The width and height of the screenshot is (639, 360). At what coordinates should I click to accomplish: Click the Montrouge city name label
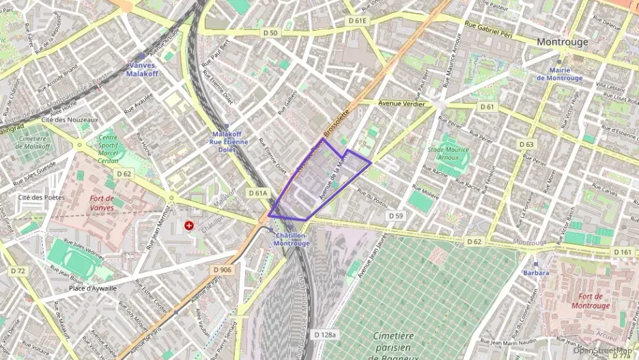(x=562, y=42)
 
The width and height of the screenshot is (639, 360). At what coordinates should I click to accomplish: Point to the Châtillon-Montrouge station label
(x=292, y=239)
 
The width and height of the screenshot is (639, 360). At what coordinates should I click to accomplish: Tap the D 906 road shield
(x=223, y=271)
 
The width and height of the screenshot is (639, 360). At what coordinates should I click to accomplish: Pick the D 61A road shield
(x=257, y=193)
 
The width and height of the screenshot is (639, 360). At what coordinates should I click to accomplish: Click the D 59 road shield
(x=396, y=216)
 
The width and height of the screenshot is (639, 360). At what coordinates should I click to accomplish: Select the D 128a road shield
(x=326, y=335)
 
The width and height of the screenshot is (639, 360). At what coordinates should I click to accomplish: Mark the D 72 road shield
(x=18, y=271)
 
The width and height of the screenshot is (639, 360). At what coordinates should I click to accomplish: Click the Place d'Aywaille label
(x=92, y=288)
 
